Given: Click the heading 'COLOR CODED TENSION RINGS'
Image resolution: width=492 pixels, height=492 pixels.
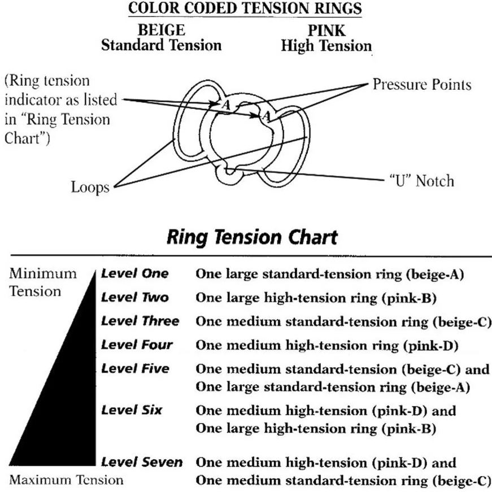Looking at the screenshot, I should point(245,10).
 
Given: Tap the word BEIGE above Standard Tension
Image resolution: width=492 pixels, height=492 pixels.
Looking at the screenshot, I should point(161,31).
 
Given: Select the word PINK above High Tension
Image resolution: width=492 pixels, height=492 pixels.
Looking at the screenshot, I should point(326,31).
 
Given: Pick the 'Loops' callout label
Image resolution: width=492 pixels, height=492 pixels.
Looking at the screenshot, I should point(90,187).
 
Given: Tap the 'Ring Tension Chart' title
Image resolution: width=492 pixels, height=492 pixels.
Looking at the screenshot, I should point(252,237).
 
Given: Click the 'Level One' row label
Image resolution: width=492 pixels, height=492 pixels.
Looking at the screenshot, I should point(134,274).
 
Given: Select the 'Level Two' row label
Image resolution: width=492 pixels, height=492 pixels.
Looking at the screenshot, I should point(134,297).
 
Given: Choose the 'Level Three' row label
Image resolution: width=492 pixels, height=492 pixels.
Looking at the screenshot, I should point(140,321).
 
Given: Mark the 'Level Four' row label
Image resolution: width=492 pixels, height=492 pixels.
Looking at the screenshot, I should point(137,345).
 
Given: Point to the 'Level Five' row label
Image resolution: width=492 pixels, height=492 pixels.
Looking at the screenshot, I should point(135,368).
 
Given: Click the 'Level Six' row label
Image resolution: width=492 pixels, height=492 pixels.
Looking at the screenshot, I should point(132,410).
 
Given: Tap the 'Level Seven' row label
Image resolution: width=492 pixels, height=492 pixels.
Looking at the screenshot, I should point(142,462).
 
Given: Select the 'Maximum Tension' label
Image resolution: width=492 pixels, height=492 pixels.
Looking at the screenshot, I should point(67,481).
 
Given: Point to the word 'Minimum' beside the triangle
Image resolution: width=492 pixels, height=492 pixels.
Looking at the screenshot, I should point(43,274).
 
